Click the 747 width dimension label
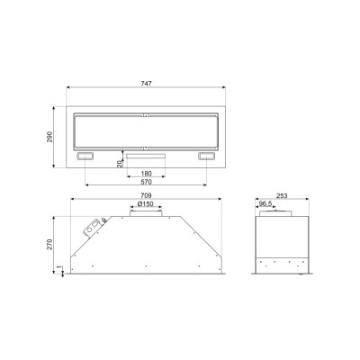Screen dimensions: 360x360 point(146,83)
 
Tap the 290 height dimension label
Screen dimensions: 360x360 point(49,137)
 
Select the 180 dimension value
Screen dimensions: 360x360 point(146,174)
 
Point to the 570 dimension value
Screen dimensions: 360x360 point(146,182)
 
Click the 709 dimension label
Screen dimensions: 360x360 point(146,195)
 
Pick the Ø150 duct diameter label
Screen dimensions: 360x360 point(146,204)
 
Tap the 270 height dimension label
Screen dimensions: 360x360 point(49,244)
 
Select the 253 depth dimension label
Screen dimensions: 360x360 point(282,195)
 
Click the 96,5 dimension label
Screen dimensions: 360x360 point(265,204)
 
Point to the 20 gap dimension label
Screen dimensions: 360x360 point(120,164)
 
